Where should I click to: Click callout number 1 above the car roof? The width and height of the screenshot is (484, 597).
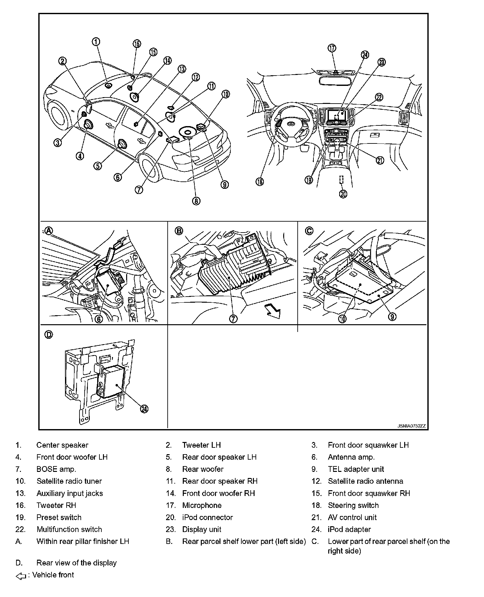pos(96,41)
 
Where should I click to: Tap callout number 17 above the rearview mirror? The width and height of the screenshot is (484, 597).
pos(332,48)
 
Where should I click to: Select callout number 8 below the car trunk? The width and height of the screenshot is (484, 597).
pos(196,201)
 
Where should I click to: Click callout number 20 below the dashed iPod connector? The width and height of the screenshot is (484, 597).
pos(343,194)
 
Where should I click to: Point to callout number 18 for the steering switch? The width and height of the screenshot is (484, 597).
pos(259,181)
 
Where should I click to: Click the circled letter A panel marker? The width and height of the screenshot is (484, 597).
pos(49,230)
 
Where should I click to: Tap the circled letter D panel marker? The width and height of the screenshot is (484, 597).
pos(49,335)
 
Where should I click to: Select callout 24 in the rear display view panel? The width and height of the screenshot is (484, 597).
pos(144,409)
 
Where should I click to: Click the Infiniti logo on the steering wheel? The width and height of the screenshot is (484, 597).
pos(291,124)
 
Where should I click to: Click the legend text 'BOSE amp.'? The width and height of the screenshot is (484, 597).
pos(56,469)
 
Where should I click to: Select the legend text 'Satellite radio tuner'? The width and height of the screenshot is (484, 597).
pos(69,481)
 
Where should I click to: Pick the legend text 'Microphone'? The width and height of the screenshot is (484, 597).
pos(202,505)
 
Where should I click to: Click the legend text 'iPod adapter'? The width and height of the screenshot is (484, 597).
pos(349,529)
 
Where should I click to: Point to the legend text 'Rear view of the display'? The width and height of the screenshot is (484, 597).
pos(77,563)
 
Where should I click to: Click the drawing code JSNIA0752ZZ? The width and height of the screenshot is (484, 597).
pos(412,426)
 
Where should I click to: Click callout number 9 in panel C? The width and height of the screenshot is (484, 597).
pos(392,317)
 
